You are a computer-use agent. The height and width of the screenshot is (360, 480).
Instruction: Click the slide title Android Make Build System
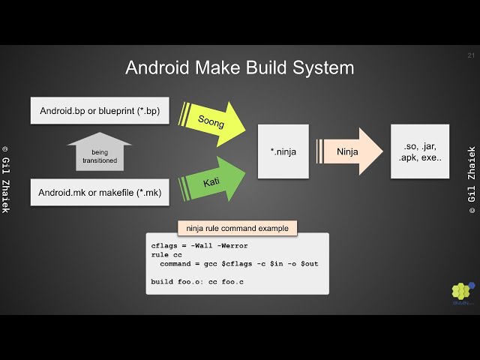pos(239,67)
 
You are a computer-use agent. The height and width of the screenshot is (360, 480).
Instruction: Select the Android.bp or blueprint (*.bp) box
pos(99,110)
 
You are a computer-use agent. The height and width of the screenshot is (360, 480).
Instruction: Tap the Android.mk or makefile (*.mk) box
pos(99,193)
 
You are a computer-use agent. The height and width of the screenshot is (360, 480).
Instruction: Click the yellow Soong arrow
pos(214,118)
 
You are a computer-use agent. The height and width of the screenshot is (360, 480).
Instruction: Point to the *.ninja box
pos(283,151)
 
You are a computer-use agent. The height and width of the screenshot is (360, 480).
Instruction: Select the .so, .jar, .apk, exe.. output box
pos(420,151)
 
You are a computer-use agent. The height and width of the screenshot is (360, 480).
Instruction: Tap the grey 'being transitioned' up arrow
pos(100,151)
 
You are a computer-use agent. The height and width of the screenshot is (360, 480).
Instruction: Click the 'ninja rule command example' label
pos(236,228)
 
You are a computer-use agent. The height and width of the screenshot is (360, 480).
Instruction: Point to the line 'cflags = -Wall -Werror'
pos(199,246)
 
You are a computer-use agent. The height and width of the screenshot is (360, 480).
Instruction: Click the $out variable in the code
pos(310,264)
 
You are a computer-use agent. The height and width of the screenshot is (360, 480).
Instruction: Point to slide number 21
pos(470,55)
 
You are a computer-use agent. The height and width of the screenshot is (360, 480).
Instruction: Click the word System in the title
pos(322,67)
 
